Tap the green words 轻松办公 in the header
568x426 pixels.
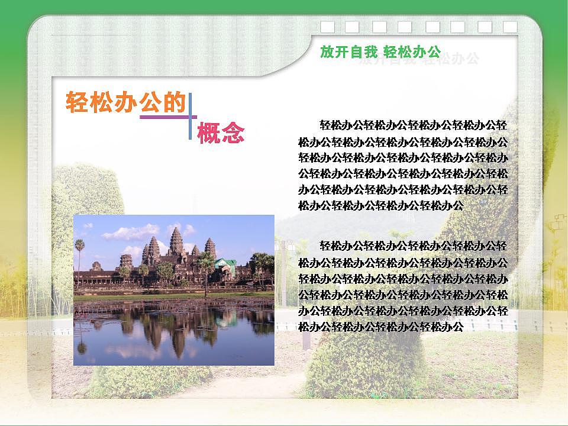[412, 52]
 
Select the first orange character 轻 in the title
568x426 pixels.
[78, 102]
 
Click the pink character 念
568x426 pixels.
[233, 133]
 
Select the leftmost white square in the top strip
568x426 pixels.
[327, 27]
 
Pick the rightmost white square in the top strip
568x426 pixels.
[511, 27]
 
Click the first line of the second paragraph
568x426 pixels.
[412, 246]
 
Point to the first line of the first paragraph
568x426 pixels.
[412, 125]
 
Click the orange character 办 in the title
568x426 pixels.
[126, 102]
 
